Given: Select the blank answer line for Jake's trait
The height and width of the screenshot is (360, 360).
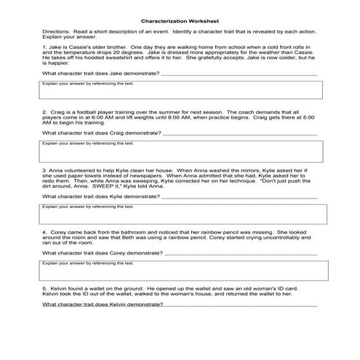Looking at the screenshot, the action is click(239, 75).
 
